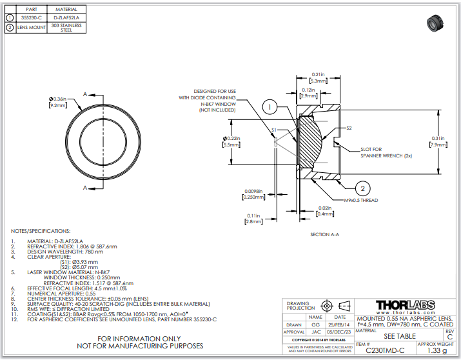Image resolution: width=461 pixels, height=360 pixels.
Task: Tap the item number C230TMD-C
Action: coord(385,350)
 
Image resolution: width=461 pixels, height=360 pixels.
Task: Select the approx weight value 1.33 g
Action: coord(436,350)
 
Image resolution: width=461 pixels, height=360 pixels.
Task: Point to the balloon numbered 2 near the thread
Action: coord(362,188)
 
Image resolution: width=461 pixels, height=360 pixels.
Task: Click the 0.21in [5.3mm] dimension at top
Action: coord(318,77)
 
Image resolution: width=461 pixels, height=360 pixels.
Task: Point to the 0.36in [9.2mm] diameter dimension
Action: coord(58,101)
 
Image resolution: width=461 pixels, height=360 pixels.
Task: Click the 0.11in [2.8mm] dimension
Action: coord(253,219)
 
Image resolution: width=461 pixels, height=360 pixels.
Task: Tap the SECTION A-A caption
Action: coord(324,234)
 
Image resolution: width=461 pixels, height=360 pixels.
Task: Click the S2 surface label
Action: coord(348,128)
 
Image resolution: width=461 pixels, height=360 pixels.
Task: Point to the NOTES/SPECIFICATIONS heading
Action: coord(41,230)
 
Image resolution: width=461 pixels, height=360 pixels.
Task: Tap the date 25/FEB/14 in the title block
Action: coord(339,325)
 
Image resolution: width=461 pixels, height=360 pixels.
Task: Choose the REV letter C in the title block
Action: coord(449,336)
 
